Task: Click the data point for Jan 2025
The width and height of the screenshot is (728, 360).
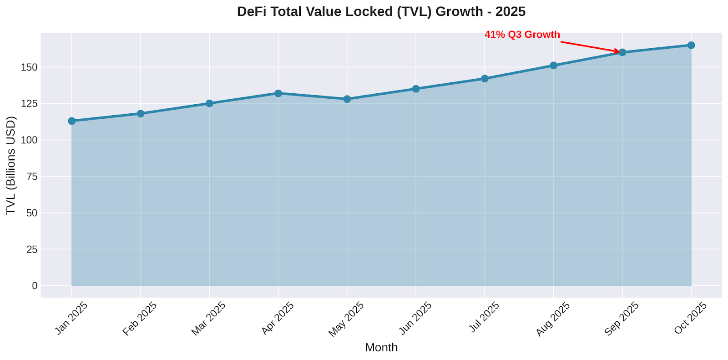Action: tap(72, 121)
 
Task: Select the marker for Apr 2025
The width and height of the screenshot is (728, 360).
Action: tap(278, 93)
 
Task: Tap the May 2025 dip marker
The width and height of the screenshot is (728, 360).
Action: tap(347, 99)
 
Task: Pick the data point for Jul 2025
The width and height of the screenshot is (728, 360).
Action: tap(485, 79)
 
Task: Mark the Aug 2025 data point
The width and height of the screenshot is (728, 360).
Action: tap(553, 66)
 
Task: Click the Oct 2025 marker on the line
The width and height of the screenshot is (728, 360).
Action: tap(691, 45)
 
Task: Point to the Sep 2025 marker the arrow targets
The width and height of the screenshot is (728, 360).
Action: tap(622, 52)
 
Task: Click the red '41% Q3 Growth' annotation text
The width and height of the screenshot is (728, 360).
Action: tap(522, 35)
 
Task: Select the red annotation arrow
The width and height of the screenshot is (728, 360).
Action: tap(589, 46)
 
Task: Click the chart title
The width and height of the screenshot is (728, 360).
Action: tap(381, 11)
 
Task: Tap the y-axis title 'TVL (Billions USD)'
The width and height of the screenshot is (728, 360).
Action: tap(11, 166)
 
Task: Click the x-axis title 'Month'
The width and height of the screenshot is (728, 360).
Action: tap(381, 347)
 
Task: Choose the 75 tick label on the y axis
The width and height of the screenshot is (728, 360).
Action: tap(32, 177)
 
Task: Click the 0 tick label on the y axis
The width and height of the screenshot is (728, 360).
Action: tap(35, 286)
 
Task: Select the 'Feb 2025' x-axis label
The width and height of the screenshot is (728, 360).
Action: tap(140, 319)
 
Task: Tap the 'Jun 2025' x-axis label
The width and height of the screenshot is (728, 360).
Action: tap(415, 319)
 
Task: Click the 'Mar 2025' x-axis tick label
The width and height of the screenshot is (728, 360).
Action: tap(208, 319)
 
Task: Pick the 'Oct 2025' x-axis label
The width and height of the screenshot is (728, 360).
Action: tap(690, 319)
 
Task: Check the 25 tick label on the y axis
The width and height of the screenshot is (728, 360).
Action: tap(32, 249)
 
